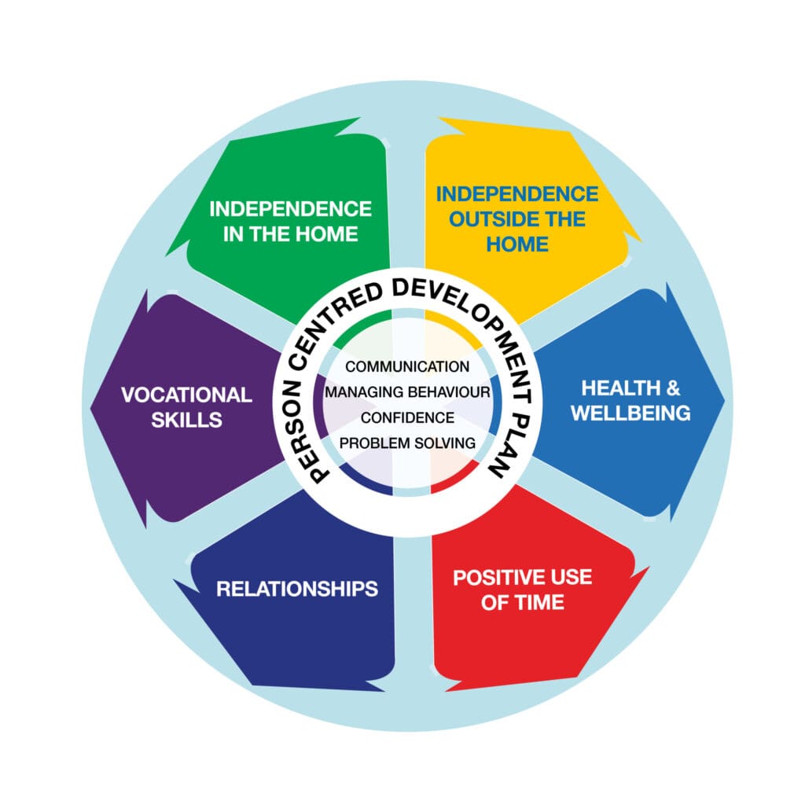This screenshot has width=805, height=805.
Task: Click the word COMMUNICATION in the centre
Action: click(x=407, y=366)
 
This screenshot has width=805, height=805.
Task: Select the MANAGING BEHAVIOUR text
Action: click(x=407, y=391)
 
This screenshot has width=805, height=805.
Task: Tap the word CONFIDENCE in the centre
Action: click(x=407, y=417)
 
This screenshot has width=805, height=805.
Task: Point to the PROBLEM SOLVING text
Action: click(x=407, y=443)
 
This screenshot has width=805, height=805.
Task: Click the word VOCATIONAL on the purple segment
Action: click(x=186, y=395)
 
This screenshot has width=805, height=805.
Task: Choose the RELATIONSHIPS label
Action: click(x=297, y=588)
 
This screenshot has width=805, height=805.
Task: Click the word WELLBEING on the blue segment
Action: click(x=630, y=413)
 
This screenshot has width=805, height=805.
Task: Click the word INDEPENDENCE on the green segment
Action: click(x=290, y=209)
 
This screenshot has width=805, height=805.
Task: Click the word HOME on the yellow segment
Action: click(x=516, y=244)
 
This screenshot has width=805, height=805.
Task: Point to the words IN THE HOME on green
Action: click(x=290, y=234)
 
